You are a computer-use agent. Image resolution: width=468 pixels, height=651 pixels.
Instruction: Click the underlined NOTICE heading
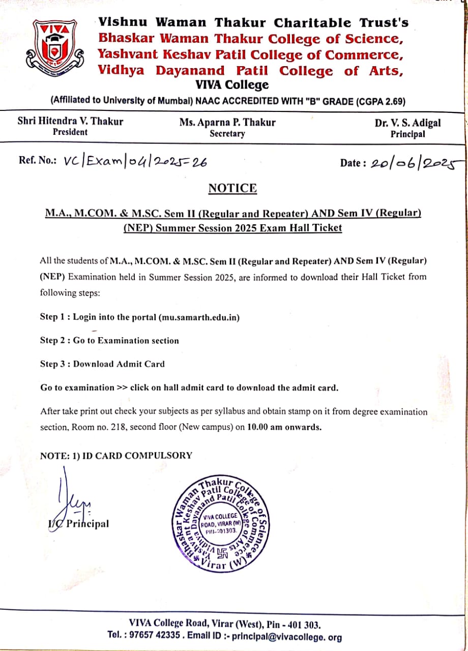click(232, 188)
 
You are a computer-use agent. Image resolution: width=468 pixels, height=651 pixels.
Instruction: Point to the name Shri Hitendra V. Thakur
click(70, 122)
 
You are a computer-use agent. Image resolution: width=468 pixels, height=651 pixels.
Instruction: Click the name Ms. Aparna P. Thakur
click(227, 122)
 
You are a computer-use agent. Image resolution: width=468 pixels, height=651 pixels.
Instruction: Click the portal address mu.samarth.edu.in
click(199, 317)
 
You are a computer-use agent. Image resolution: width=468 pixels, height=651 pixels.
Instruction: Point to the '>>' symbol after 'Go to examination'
click(122, 388)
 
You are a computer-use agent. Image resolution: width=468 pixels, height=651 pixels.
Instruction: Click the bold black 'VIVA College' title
click(232, 85)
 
